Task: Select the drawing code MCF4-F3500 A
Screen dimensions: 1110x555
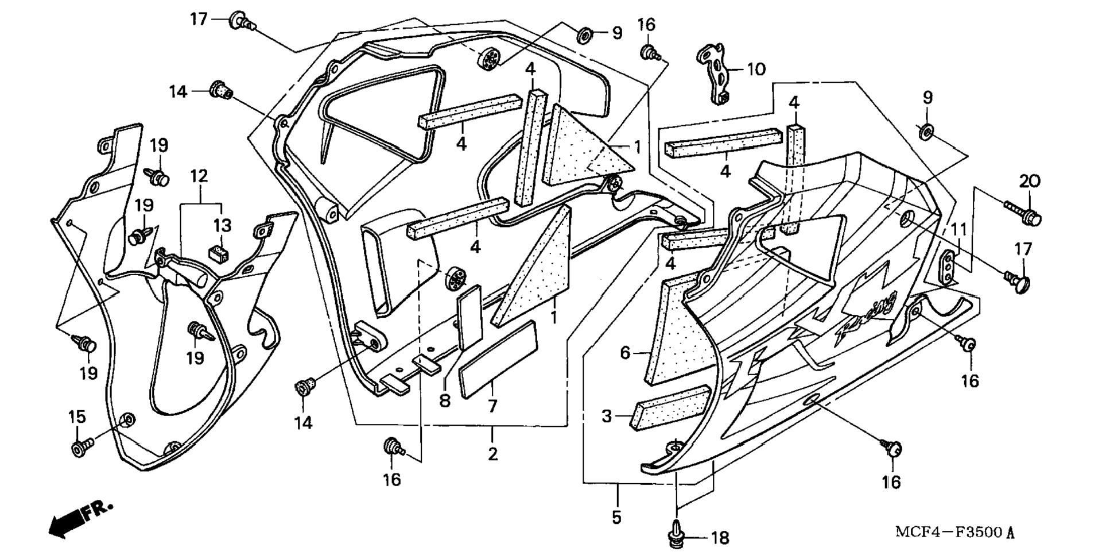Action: [954, 531]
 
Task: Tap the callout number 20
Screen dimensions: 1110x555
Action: [1030, 182]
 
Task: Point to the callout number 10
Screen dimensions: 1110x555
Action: [756, 70]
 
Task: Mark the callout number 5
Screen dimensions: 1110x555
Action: [616, 517]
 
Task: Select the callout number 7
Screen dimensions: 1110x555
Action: [492, 406]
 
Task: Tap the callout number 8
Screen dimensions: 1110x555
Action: [445, 400]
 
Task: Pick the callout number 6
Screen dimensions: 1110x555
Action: [626, 352]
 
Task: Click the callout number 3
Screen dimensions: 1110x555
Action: [607, 416]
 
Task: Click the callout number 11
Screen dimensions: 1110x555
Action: [959, 229]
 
